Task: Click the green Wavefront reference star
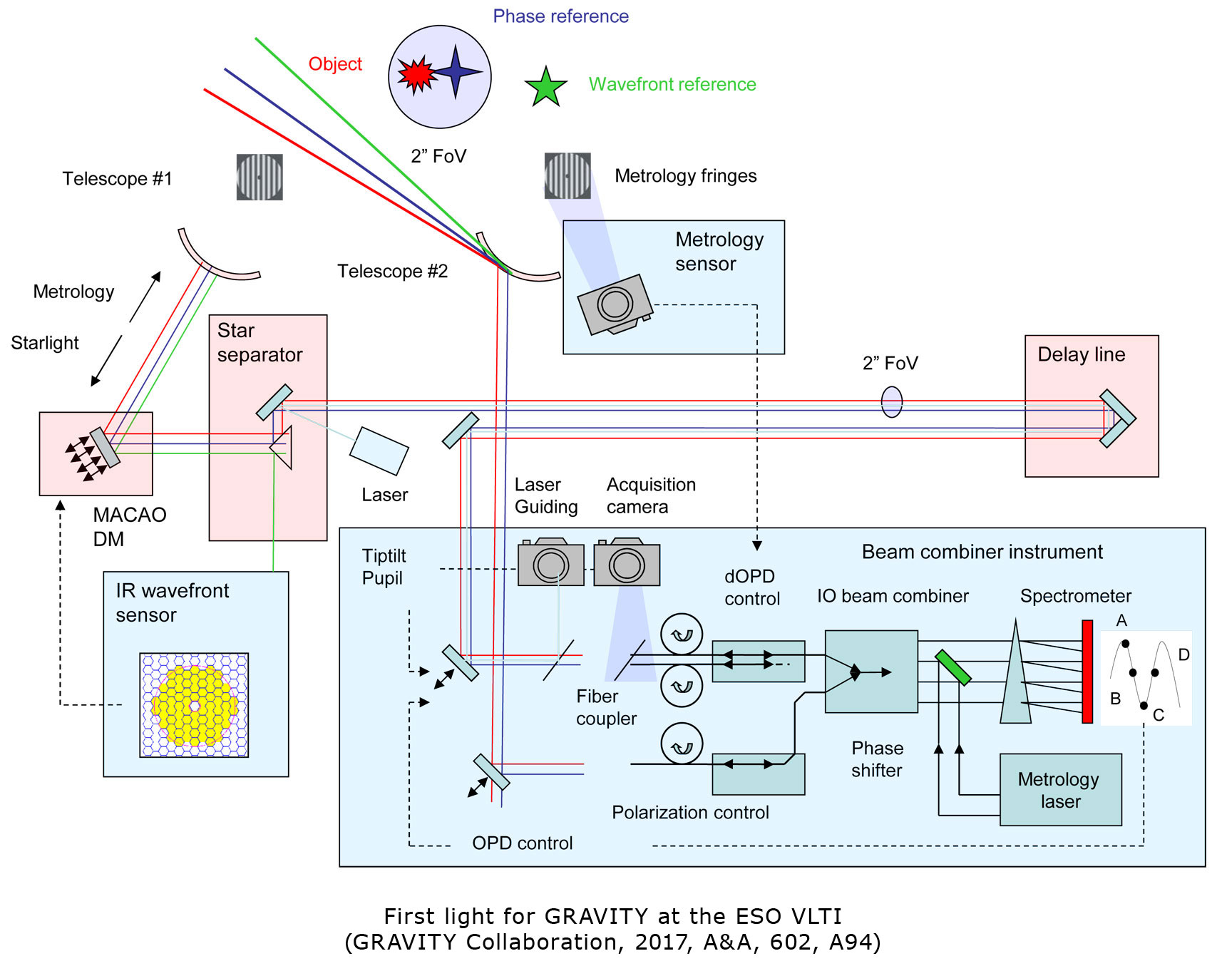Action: pyautogui.click(x=545, y=87)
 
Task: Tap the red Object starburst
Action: pyautogui.click(x=416, y=74)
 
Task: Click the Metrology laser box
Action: pyautogui.click(x=1060, y=789)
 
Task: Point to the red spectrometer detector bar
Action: pyautogui.click(x=1087, y=672)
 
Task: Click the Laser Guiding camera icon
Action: pyautogui.click(x=550, y=563)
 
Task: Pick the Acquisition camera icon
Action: pyautogui.click(x=627, y=563)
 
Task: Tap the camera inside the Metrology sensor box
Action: pyautogui.click(x=615, y=305)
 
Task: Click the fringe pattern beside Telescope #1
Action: pyautogui.click(x=260, y=177)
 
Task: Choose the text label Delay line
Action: pyautogui.click(x=1081, y=354)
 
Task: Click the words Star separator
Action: pyautogui.click(x=260, y=343)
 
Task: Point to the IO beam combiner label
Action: pyautogui.click(x=893, y=596)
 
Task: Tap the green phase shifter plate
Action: pyautogui.click(x=952, y=667)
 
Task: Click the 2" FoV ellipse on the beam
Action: pyautogui.click(x=892, y=402)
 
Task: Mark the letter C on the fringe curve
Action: pyautogui.click(x=1159, y=715)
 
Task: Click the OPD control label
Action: pyautogui.click(x=522, y=843)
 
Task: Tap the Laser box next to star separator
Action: pyautogui.click(x=379, y=451)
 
